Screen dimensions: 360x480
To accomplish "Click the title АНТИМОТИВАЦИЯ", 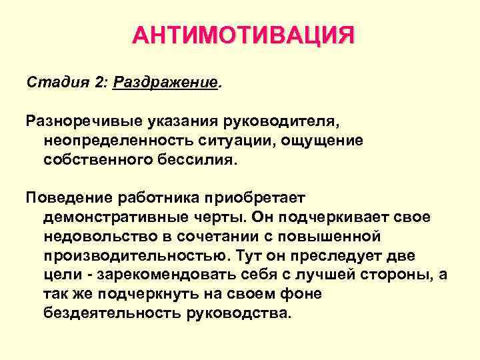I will (243, 35).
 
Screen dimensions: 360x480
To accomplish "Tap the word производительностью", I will (129, 255).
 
